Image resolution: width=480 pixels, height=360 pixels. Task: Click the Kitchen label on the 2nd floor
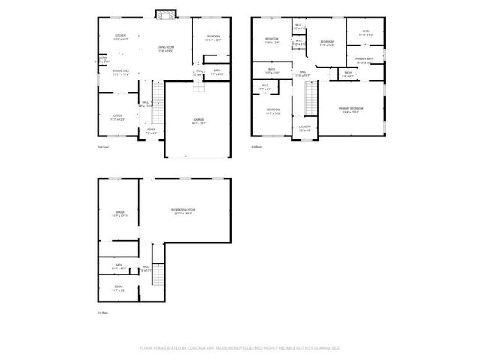tap(120, 36)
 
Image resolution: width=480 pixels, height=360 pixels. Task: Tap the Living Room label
tap(166, 48)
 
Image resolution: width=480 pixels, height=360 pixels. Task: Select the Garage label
tap(199, 119)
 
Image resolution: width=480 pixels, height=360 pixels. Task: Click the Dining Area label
tap(121, 71)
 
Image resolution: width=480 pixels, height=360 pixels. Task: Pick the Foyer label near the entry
tap(151, 130)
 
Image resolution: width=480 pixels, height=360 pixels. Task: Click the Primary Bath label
tap(365, 58)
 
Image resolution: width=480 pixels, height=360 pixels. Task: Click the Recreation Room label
tap(182, 212)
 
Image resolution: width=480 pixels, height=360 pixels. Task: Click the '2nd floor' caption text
tap(103, 147)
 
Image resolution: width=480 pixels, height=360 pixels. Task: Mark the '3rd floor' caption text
tap(256, 147)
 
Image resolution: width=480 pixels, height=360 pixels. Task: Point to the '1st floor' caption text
tap(103, 312)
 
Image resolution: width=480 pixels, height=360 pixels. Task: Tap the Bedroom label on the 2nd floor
tap(213, 37)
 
